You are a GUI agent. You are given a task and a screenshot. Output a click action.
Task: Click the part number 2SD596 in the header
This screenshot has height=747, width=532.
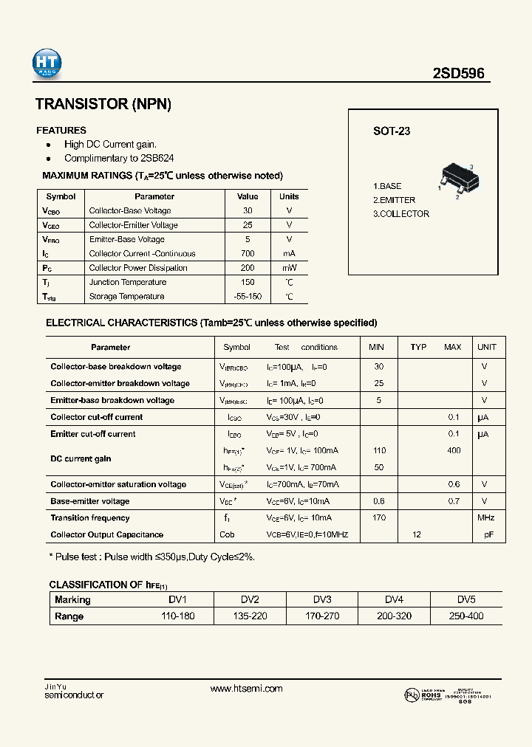(x=458, y=74)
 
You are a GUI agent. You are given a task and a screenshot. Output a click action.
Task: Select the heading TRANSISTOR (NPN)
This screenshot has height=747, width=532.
(x=103, y=105)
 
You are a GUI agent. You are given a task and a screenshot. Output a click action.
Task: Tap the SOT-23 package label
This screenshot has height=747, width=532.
(x=392, y=131)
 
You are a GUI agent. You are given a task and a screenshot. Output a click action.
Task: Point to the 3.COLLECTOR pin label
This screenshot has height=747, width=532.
(x=401, y=214)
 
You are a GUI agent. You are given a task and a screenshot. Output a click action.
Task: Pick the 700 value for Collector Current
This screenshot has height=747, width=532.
(x=248, y=254)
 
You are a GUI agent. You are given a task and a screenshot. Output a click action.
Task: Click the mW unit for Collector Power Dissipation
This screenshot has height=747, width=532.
(x=289, y=268)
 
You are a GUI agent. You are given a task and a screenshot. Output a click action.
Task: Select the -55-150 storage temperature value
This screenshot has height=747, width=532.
(x=248, y=297)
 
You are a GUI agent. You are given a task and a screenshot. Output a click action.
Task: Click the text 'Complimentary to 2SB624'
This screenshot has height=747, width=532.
(x=119, y=158)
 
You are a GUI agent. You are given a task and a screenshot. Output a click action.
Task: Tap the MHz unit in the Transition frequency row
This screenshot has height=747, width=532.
(x=485, y=518)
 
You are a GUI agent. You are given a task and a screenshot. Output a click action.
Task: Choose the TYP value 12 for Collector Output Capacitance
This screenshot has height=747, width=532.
(x=417, y=535)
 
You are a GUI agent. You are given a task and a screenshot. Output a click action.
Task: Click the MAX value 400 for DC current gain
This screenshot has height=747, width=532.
(x=454, y=451)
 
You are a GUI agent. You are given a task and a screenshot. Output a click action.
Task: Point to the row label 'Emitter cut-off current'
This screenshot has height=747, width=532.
(x=93, y=434)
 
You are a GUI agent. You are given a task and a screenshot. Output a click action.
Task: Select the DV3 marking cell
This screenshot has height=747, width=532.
(x=321, y=599)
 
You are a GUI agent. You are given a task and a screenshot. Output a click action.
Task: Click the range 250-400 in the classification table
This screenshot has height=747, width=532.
(x=465, y=616)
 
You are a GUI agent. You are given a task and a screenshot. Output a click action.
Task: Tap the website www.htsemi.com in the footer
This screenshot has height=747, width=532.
(x=246, y=689)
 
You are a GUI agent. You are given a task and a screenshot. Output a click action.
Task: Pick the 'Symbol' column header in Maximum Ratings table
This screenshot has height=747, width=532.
(x=61, y=197)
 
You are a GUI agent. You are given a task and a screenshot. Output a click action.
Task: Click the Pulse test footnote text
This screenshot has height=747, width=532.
(x=151, y=557)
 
